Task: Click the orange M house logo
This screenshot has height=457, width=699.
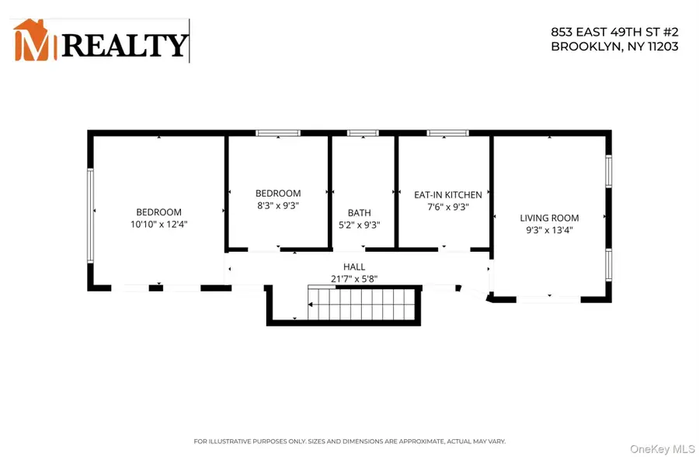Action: [x=35, y=41]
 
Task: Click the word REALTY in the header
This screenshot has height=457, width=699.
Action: [x=125, y=45]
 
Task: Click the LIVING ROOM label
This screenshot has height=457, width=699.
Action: [x=549, y=218]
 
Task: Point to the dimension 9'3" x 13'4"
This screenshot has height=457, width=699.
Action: [x=549, y=230]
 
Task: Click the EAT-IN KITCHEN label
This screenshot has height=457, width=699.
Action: [x=447, y=195]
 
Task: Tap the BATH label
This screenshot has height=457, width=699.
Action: [x=360, y=213]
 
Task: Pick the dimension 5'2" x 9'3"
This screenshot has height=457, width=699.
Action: [x=360, y=225]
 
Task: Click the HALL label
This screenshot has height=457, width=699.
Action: [x=354, y=267]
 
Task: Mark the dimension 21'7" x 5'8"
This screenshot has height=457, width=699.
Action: [x=354, y=278]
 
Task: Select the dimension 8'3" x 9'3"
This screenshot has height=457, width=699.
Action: [x=278, y=206]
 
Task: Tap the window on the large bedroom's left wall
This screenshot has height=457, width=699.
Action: [x=90, y=215]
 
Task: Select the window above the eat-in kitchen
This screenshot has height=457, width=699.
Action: [x=443, y=134]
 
